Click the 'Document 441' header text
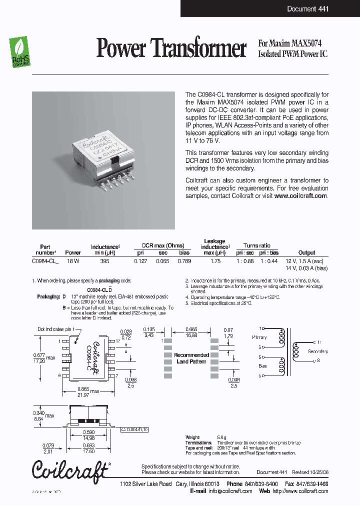[x=307, y=9]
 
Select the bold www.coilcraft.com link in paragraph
[x=300, y=196]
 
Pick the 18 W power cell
[x=73, y=261]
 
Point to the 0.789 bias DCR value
[x=184, y=261]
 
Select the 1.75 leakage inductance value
[x=215, y=261]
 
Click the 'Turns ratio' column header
[x=256, y=245]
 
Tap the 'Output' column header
[x=306, y=252]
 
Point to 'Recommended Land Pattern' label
[x=191, y=358]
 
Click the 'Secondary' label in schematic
[x=317, y=351]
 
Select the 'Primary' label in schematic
[x=259, y=337]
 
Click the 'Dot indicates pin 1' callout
[x=57, y=329]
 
